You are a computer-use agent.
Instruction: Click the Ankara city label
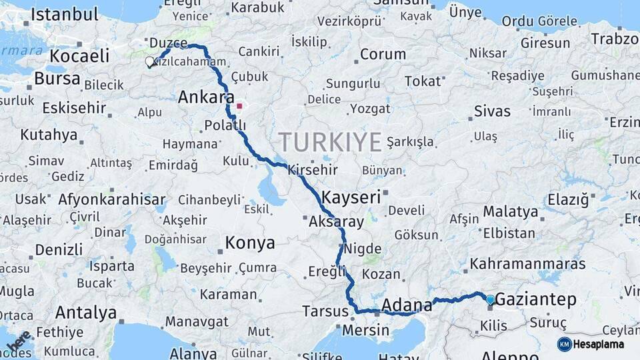pyautogui.click(x=206, y=97)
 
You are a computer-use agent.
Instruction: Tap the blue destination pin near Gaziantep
pyautogui.click(x=491, y=300)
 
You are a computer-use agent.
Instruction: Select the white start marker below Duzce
pyautogui.click(x=149, y=62)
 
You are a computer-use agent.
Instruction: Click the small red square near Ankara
pyautogui.click(x=239, y=105)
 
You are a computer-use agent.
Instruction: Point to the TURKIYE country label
pyautogui.click(x=330, y=141)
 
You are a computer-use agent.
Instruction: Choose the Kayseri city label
pyautogui.click(x=351, y=197)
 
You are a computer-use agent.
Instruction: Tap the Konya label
pyautogui.click(x=250, y=243)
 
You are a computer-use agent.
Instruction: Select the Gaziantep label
pyautogui.click(x=537, y=300)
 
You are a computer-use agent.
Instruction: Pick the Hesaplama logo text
pyautogui.click(x=599, y=344)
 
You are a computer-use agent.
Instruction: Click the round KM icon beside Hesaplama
pyautogui.click(x=565, y=344)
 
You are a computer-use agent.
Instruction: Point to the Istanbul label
pyautogui.click(x=65, y=14)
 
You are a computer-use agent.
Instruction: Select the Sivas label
pyautogui.click(x=492, y=111)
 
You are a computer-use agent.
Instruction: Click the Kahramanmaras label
pyautogui.click(x=527, y=264)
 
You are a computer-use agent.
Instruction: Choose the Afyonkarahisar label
pyautogui.click(x=111, y=199)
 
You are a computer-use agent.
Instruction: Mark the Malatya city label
pyautogui.click(x=510, y=212)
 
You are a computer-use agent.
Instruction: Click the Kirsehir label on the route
pyautogui.click(x=312, y=170)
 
